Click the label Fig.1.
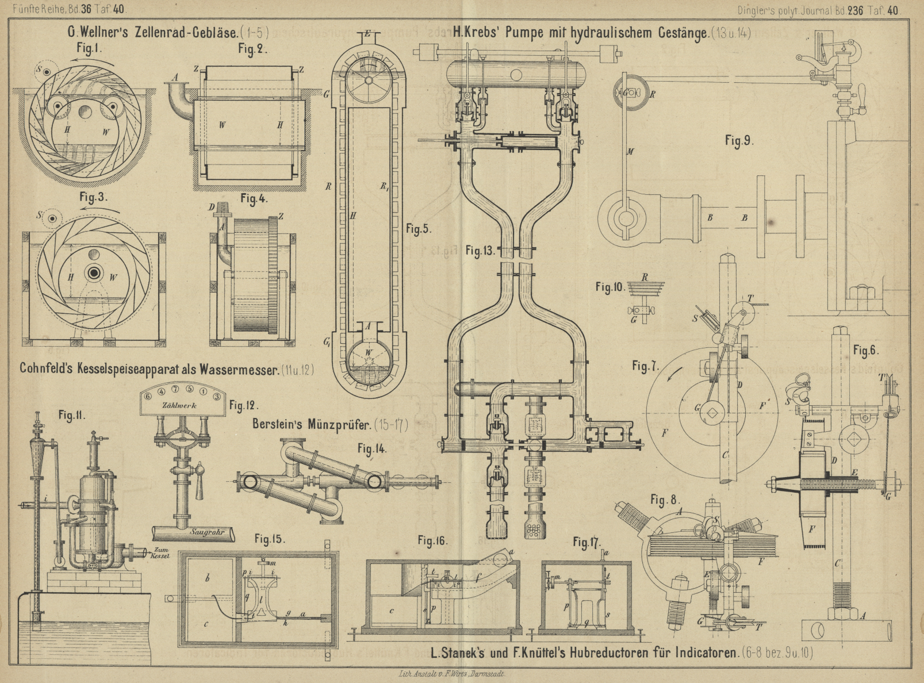pyautogui.click(x=89, y=49)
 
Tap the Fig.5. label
pyautogui.click(x=418, y=229)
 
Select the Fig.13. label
pyautogui.click(x=480, y=251)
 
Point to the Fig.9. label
pyautogui.click(x=739, y=141)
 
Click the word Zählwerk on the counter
pyautogui.click(x=179, y=405)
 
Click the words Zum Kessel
pyautogui.click(x=160, y=553)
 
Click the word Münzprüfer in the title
pyautogui.click(x=339, y=425)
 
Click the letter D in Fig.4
pyautogui.click(x=212, y=206)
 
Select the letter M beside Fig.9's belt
pyautogui.click(x=630, y=152)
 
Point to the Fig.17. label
pyautogui.click(x=586, y=542)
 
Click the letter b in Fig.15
pyautogui.click(x=207, y=579)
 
